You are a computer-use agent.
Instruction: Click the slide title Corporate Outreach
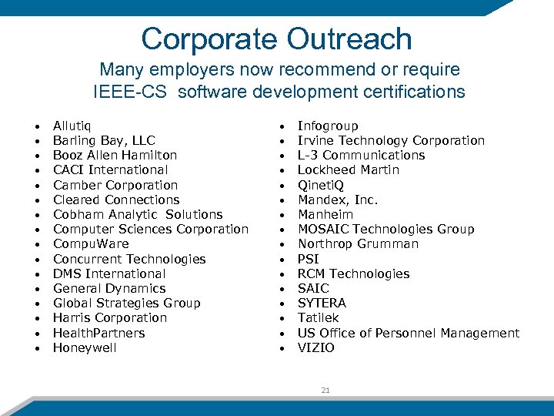tap(276, 39)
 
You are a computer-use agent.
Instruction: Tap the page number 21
tap(325, 391)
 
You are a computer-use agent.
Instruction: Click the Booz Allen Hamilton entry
tap(115, 155)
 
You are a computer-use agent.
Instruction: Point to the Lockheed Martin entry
tap(348, 169)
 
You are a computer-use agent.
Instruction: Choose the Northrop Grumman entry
tap(358, 243)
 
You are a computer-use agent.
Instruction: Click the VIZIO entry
tap(315, 347)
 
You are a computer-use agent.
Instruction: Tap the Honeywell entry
tap(85, 347)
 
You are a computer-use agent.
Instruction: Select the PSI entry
tap(308, 259)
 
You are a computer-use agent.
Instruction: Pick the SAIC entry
tap(313, 288)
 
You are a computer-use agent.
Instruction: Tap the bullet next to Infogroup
tap(282, 126)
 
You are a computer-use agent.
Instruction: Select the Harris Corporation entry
tap(109, 317)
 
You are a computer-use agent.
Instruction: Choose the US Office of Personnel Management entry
tap(408, 333)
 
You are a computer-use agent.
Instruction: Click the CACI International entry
tap(110, 169)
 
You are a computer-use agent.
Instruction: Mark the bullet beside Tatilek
tap(282, 318)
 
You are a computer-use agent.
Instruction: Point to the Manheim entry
tap(325, 214)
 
